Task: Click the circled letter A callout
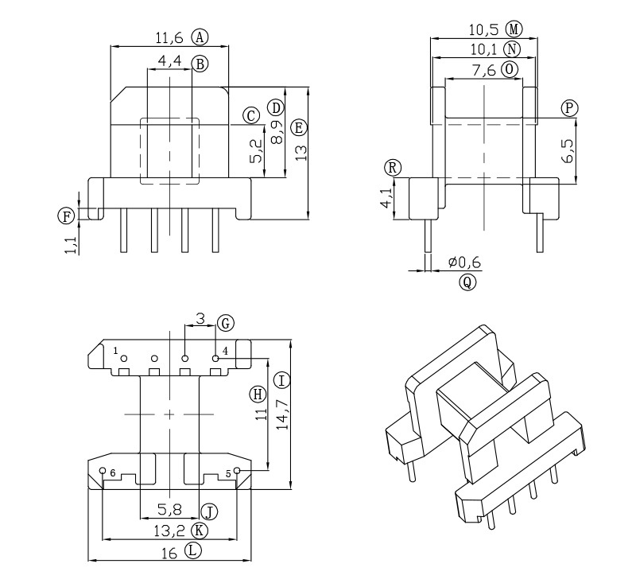coord(200,37)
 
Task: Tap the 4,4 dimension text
coord(170,61)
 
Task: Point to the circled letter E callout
coord(299,127)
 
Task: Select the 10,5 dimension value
coord(483,29)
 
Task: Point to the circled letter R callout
coord(392,167)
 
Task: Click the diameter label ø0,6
coord(465,262)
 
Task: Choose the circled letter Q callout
coord(467,282)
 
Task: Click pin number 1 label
coord(115,351)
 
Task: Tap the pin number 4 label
coord(226,351)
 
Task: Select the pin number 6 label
coord(113,473)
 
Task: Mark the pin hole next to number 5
coord(237,471)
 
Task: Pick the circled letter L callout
coord(193,550)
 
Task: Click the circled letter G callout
coord(225,323)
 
